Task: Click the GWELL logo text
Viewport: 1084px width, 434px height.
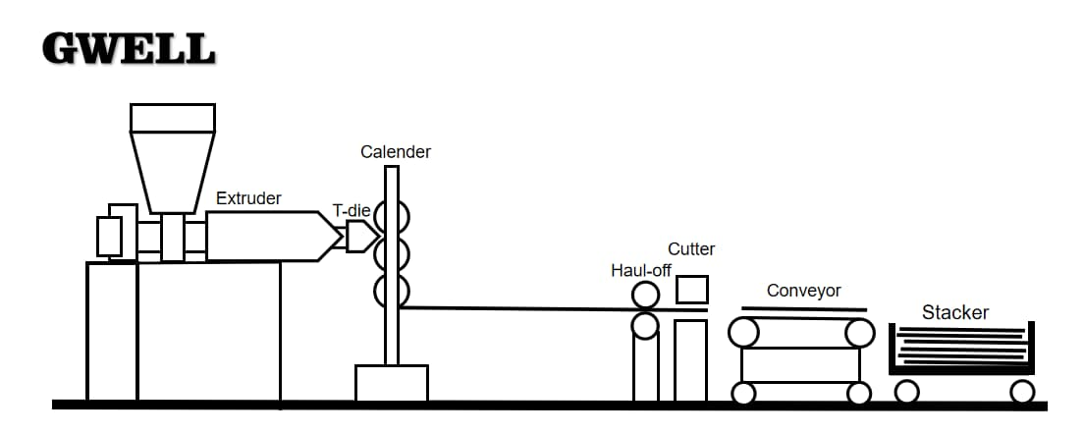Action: [x=128, y=49]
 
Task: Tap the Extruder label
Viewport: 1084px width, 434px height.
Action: [x=248, y=198]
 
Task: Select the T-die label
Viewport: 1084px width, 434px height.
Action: [x=351, y=211]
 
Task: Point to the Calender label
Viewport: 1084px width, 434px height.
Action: [x=395, y=152]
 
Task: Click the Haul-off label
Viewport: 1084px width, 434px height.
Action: [x=640, y=270]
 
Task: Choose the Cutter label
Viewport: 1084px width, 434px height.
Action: [x=691, y=249]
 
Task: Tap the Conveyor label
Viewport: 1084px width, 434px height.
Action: [x=803, y=291]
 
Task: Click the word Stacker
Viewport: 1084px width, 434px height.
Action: [x=954, y=312]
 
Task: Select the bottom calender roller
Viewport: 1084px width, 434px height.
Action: [x=391, y=291]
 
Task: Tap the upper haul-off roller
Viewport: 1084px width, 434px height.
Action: [x=645, y=295]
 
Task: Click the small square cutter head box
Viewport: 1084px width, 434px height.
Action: [x=691, y=289]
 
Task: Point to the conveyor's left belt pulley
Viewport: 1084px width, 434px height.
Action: [x=743, y=334]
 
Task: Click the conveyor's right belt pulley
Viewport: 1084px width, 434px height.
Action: [x=859, y=334]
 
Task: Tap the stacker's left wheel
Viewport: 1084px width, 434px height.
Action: [x=907, y=392]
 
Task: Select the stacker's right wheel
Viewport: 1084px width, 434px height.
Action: [x=1022, y=392]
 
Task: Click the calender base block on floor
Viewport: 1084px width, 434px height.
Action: [x=391, y=383]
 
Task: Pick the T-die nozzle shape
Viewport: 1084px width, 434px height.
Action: [x=360, y=236]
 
